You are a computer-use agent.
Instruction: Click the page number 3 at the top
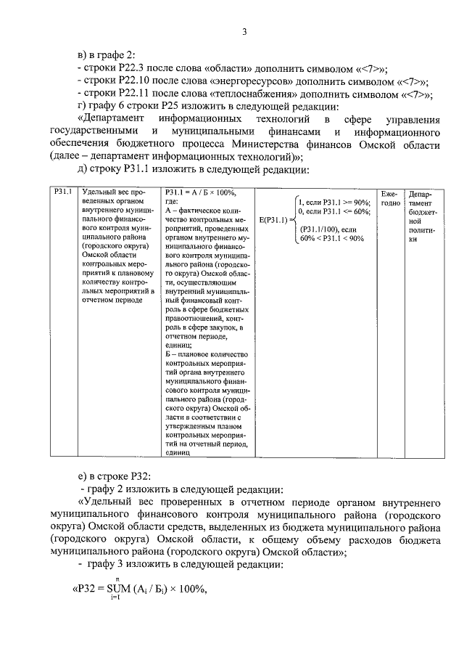click(x=244, y=30)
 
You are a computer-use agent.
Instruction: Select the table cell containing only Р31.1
click(x=62, y=192)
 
